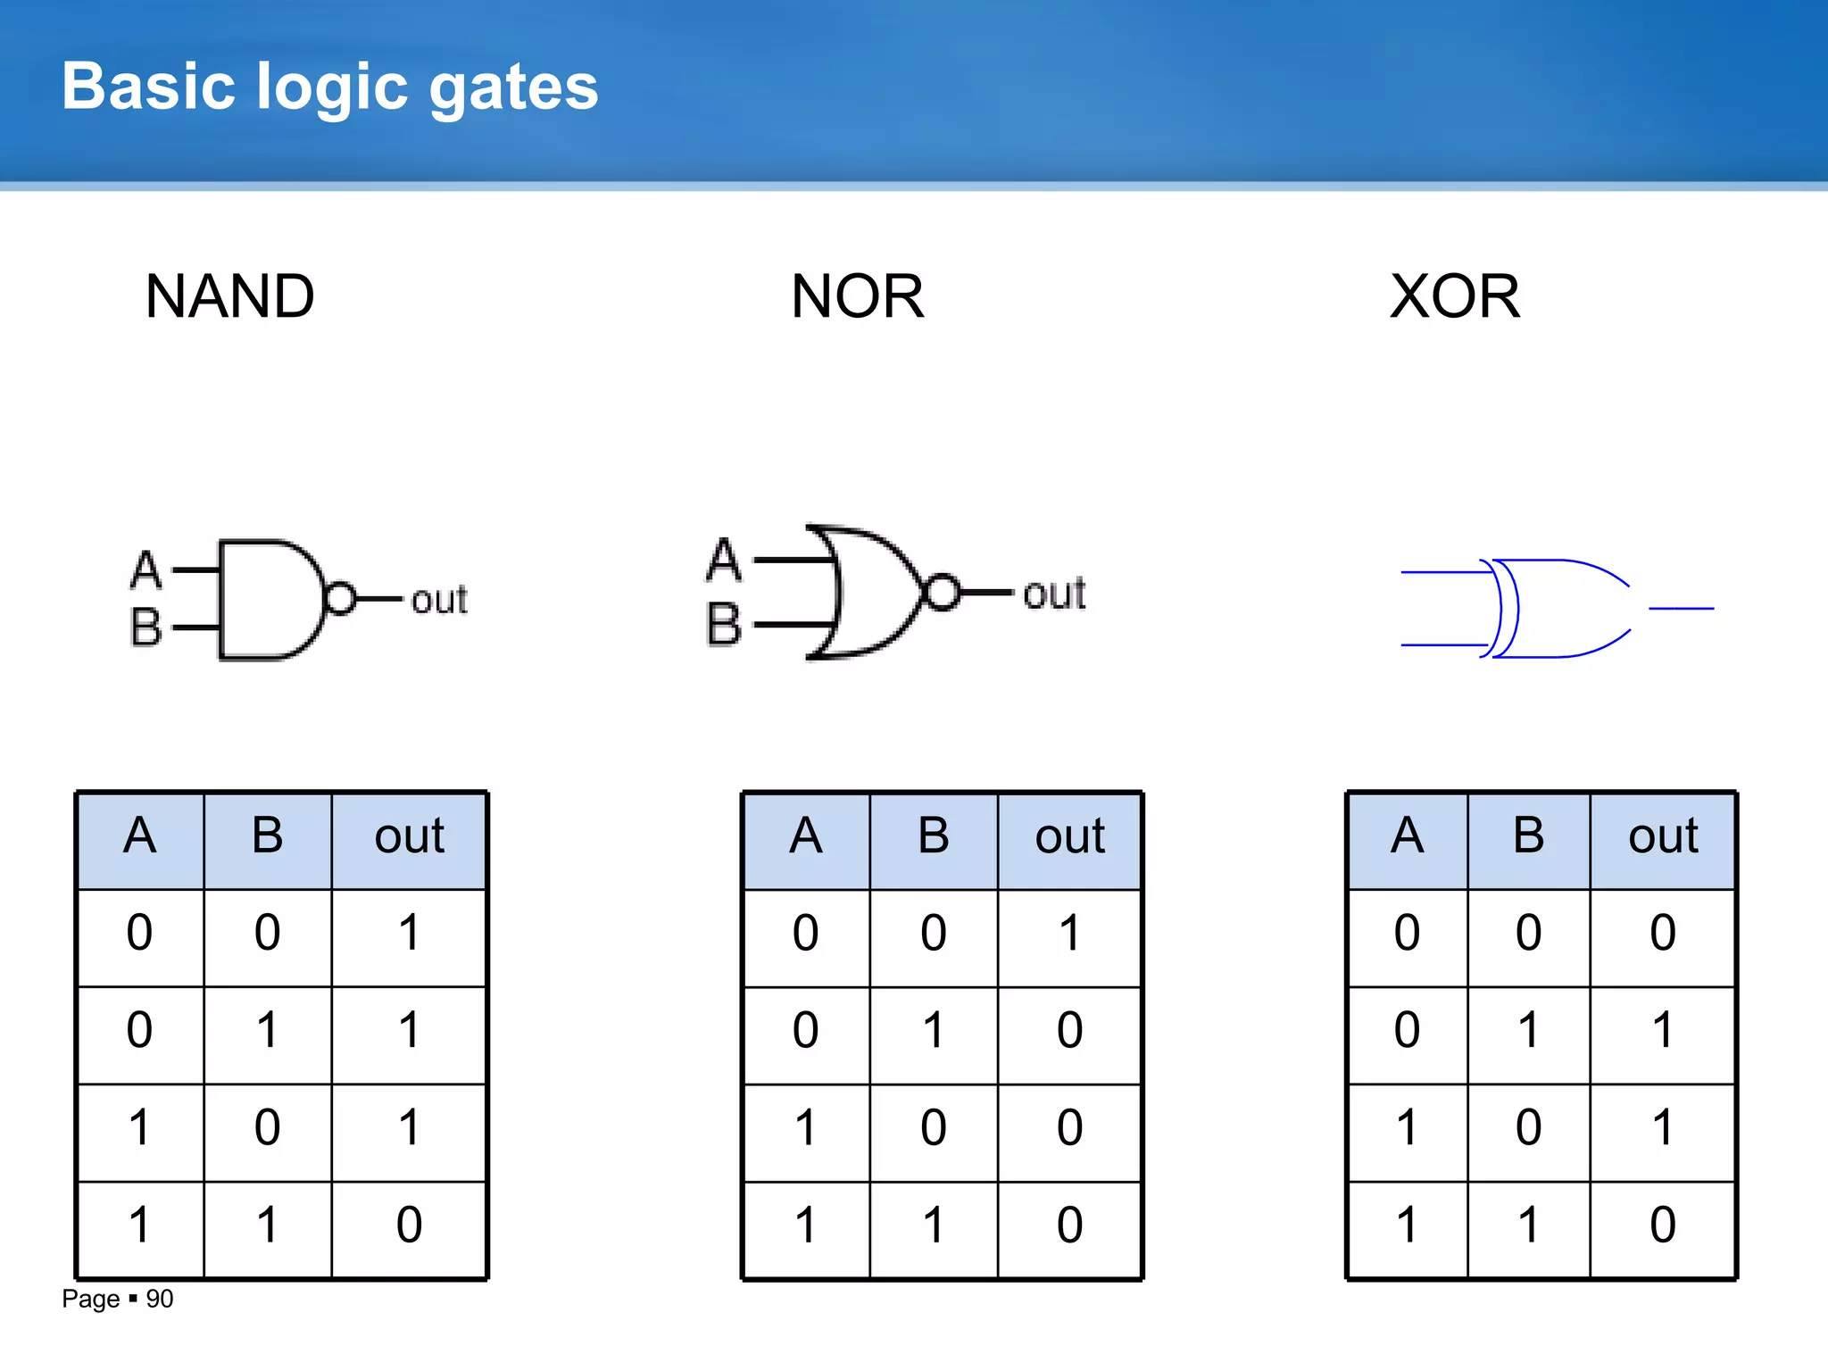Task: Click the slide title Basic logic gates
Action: (329, 87)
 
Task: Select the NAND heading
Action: (229, 296)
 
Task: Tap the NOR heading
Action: (857, 296)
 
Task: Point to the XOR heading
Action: (1455, 296)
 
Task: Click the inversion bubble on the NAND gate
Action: (340, 598)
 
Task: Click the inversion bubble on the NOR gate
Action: (943, 592)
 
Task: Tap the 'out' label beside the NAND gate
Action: (438, 600)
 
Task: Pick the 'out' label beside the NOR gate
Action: (1054, 594)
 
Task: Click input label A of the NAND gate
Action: (146, 569)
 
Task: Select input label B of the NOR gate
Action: (724, 624)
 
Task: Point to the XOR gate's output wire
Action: (1681, 609)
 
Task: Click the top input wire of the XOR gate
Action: (1442, 572)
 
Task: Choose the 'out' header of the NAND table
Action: (409, 836)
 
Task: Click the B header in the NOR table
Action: (934, 836)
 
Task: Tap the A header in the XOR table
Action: (1407, 836)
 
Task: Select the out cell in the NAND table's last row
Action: (409, 1225)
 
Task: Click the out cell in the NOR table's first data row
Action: (1069, 934)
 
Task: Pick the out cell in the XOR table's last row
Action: (1662, 1225)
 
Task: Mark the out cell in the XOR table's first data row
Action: (1662, 934)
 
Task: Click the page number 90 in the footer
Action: (160, 1299)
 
